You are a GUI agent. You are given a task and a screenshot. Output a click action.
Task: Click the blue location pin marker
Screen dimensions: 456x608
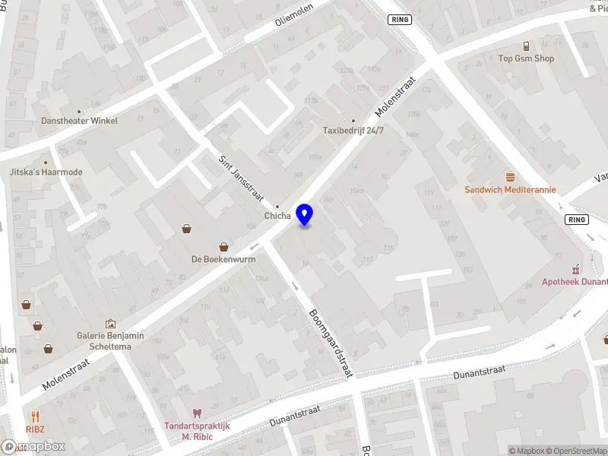click(305, 214)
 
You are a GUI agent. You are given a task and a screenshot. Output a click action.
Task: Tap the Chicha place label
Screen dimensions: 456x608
click(277, 216)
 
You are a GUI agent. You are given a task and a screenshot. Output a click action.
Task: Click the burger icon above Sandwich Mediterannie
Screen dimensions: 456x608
click(511, 176)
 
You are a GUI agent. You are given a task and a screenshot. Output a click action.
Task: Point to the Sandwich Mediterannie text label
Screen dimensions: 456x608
click(511, 189)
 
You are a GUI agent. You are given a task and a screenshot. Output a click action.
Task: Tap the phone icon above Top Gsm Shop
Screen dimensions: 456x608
click(526, 46)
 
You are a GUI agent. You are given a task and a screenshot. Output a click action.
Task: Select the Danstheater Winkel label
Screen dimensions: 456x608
click(80, 120)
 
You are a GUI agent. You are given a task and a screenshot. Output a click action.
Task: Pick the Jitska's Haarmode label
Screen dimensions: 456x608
click(46, 172)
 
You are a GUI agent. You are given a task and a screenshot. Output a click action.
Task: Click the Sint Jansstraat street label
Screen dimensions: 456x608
click(240, 178)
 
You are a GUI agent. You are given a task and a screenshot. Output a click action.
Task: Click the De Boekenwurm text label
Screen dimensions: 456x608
click(223, 259)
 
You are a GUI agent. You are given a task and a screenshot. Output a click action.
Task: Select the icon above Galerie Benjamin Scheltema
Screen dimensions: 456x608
click(110, 324)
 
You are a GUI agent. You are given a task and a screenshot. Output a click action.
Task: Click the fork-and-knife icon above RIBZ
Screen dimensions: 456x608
click(35, 416)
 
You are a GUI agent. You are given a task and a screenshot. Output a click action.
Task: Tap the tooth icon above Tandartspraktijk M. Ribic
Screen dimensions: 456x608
click(198, 413)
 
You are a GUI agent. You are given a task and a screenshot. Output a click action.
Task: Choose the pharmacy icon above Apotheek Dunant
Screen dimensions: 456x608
click(576, 270)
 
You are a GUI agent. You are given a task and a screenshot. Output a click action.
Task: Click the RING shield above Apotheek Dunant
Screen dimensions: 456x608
click(578, 219)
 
